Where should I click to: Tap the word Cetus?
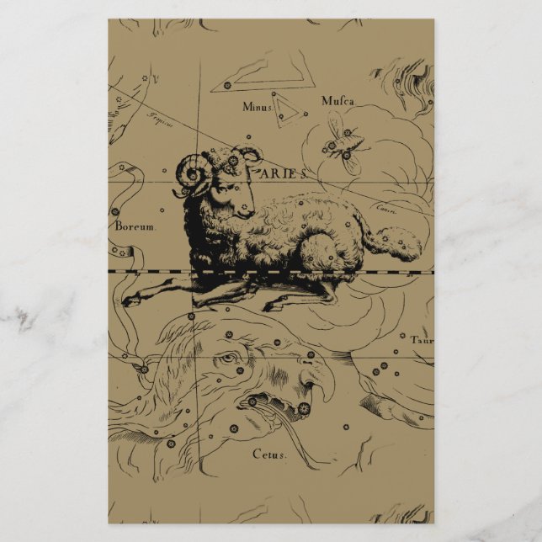[x=269, y=454]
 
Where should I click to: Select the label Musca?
[x=338, y=101]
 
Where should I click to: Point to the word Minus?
[x=258, y=107]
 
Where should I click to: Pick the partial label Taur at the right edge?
[x=421, y=340]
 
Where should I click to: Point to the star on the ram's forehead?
[x=234, y=160]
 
